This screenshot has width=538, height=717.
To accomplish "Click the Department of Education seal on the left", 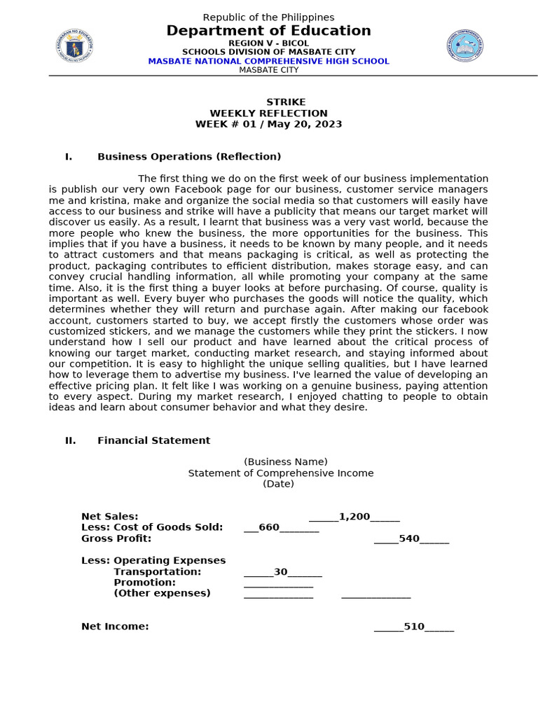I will tap(74, 46).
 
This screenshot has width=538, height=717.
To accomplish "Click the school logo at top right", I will tap(464, 46).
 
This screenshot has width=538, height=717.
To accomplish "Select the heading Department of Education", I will tap(268, 31).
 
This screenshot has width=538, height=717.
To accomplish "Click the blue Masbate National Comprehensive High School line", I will tap(268, 61).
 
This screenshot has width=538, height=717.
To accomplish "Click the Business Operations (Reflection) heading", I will tap(189, 156).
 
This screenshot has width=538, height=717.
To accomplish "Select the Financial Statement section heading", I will tap(153, 440).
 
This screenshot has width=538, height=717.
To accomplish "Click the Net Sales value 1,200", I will tap(354, 517).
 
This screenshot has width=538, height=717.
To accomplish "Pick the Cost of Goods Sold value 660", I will tap(269, 527).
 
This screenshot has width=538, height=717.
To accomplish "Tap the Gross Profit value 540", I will tap(409, 538).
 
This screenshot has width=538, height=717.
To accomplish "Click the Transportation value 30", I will tap(281, 571).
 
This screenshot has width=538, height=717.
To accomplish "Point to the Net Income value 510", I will tap(414, 627).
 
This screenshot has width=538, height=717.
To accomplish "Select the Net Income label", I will tap(115, 627).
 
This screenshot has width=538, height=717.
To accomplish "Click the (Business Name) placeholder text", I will tap(285, 461).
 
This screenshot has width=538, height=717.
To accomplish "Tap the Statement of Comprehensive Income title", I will tap(280, 473).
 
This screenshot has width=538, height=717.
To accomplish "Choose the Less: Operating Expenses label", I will tap(153, 560).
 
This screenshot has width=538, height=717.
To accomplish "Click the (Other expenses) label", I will tap(162, 593).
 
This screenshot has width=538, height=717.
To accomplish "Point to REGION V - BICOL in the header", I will tap(268, 43).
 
